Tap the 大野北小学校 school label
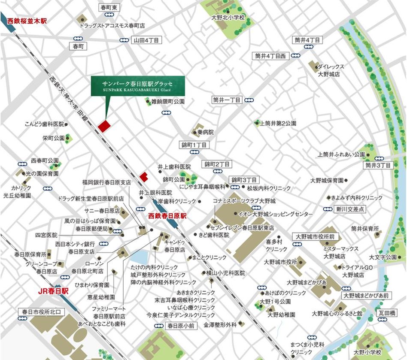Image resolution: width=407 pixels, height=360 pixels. coord(228,18)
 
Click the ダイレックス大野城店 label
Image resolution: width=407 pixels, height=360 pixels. coord(331,70)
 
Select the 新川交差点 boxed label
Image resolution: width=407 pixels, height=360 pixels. coord(350,209)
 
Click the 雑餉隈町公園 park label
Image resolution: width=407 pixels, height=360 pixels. coord(168,102)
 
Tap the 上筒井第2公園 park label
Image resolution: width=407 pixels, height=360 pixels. coord(278,123)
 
